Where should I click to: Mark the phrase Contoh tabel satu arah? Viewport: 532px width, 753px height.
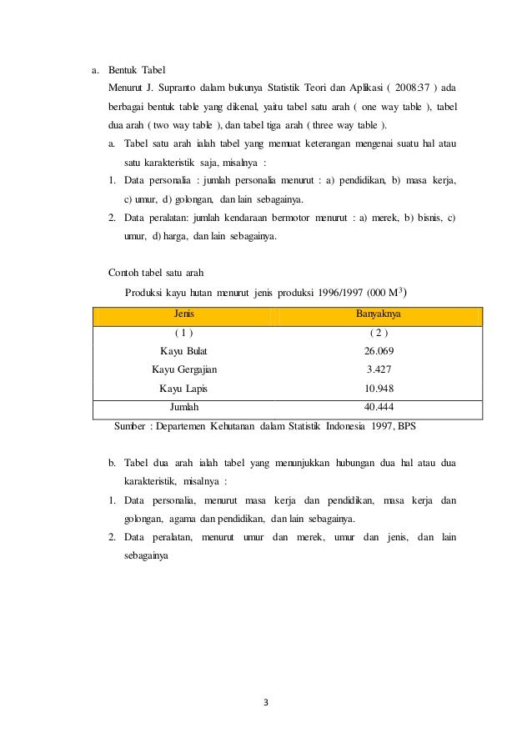[x=156, y=273]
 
